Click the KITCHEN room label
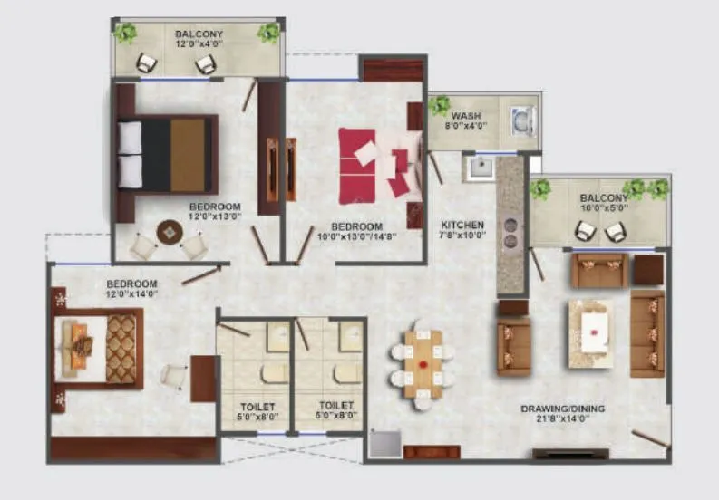click(x=462, y=224)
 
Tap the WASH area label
click(x=467, y=116)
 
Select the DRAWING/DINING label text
click(x=562, y=409)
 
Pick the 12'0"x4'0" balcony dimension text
click(x=199, y=43)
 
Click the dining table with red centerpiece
click(x=423, y=361)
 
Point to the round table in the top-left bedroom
click(x=170, y=233)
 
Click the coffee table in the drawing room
click(x=590, y=332)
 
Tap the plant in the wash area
click(x=440, y=105)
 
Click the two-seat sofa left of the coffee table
click(x=513, y=344)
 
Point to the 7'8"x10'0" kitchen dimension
click(x=462, y=235)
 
